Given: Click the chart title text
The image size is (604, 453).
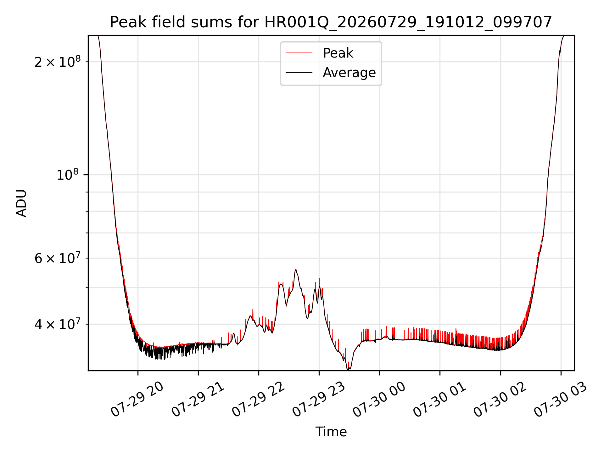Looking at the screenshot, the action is [x=331, y=22].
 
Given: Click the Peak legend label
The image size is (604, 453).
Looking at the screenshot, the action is [x=338, y=53].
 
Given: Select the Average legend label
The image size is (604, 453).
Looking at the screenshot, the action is [x=349, y=73].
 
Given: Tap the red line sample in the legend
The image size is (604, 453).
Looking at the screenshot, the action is [x=299, y=53].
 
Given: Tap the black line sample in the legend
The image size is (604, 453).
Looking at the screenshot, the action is [x=299, y=73].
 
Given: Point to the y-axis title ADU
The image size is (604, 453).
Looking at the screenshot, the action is [x=21, y=203].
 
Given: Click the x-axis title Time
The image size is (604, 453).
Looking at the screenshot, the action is [x=331, y=432].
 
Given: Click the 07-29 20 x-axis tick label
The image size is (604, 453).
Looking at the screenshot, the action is [x=137, y=400].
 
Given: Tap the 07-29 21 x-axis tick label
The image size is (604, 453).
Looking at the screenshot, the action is [x=198, y=400].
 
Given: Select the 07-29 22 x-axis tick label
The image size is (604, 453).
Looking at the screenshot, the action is [x=258, y=400].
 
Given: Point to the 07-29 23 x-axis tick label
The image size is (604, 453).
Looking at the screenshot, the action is [x=319, y=400].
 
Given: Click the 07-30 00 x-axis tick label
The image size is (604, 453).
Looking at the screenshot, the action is [x=379, y=400].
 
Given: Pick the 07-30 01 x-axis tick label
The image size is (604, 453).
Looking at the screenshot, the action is [x=439, y=400].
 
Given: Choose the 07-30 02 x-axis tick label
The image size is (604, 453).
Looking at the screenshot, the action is [x=500, y=400].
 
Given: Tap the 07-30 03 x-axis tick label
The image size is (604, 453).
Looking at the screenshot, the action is [x=561, y=400].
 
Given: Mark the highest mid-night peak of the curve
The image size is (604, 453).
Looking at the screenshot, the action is [x=296, y=269].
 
